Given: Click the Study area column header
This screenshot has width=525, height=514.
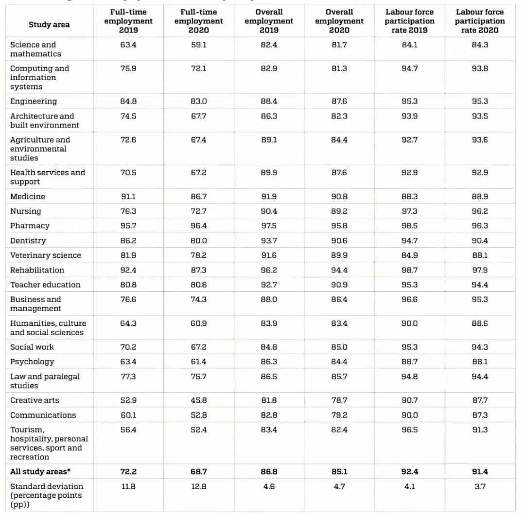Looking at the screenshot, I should [x=49, y=25].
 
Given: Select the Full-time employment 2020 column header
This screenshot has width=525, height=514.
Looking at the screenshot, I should [x=198, y=21].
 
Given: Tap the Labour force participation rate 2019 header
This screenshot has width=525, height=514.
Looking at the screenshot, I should [x=409, y=21].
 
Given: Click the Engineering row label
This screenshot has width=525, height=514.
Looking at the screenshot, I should [x=34, y=101].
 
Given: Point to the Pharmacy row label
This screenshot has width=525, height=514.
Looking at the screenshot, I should [x=30, y=226].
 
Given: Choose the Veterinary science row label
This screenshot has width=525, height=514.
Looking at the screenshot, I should [x=46, y=255].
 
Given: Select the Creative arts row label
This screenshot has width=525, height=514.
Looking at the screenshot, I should [x=35, y=400].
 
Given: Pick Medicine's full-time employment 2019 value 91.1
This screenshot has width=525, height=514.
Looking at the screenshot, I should [x=128, y=196].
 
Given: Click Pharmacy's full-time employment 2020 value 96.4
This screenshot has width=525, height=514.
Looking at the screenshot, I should [x=198, y=226].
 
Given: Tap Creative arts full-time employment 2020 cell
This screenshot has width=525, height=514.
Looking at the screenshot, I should [x=198, y=400].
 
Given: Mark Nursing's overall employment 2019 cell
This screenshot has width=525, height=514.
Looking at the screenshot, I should [x=269, y=211].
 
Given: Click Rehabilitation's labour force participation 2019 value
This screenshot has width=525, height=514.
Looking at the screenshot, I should [x=409, y=270].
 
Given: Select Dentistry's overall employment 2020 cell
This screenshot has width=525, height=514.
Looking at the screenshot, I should [x=339, y=241].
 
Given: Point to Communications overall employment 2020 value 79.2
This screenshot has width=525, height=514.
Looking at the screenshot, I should [x=339, y=415].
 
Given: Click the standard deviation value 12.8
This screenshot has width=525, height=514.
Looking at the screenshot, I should [x=198, y=486].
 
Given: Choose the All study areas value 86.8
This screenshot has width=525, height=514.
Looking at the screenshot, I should [x=269, y=472].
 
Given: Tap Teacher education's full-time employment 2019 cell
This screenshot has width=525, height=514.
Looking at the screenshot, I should [x=128, y=284].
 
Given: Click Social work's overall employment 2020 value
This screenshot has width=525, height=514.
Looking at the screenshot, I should [x=339, y=347].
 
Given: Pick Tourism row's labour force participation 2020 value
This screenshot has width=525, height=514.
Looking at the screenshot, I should [x=480, y=429].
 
